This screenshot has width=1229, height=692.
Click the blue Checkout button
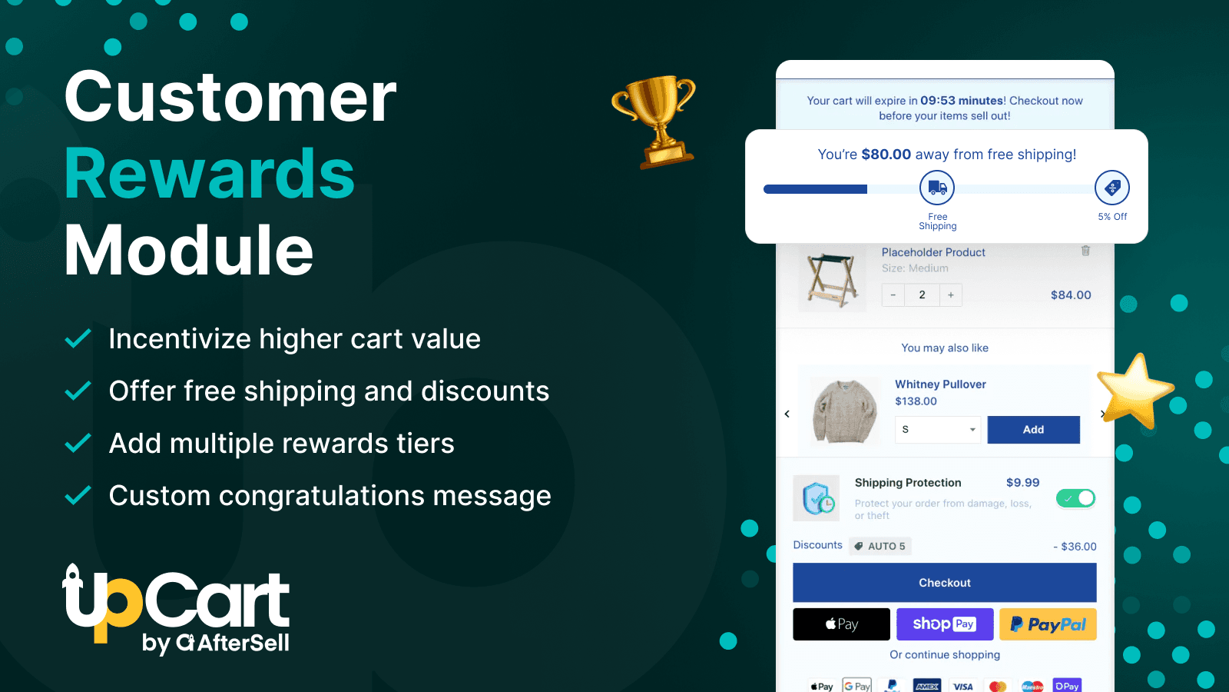(x=944, y=583)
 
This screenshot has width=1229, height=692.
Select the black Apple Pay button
(x=841, y=624)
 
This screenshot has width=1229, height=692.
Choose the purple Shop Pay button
(x=944, y=624)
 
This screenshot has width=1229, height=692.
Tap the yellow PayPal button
(x=1048, y=624)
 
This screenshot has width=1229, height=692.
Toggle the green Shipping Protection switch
(x=1075, y=498)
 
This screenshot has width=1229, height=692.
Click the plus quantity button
(x=951, y=294)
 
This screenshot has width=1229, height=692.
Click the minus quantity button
(x=893, y=294)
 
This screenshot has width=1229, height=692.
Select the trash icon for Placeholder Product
(x=1085, y=251)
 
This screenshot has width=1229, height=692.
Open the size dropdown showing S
(x=938, y=430)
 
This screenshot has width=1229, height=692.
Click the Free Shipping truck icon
(x=937, y=188)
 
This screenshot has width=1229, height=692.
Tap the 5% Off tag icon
(x=1111, y=188)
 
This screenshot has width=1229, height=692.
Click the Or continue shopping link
(x=945, y=655)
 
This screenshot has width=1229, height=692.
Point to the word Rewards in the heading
(x=210, y=174)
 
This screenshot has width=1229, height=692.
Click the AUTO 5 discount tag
(x=880, y=546)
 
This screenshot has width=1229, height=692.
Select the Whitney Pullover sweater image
(x=844, y=411)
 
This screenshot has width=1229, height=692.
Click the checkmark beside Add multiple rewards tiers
(x=78, y=444)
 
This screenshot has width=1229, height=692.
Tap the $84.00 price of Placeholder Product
(x=1071, y=295)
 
